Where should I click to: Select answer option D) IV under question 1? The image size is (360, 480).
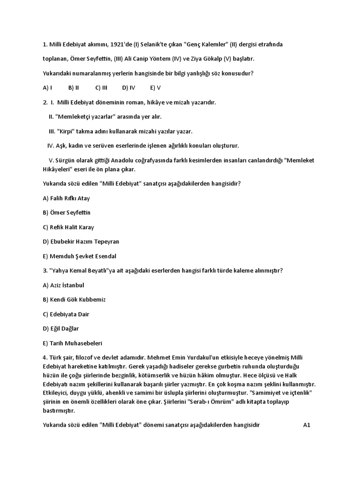pos(128,88)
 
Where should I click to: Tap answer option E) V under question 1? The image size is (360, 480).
pos(156,88)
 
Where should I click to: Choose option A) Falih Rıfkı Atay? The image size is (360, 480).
pos(66,198)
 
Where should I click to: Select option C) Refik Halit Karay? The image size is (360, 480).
pos(68,227)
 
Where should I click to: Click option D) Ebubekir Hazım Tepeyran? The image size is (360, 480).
pos(81,242)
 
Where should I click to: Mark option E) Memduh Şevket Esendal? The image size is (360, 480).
pos(79,256)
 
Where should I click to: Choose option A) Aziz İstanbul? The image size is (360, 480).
pos(63,285)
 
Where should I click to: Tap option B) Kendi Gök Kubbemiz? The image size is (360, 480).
pos(74,300)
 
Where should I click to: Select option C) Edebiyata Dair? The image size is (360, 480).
pos(66,314)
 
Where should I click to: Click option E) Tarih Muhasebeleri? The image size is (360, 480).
pos(73,343)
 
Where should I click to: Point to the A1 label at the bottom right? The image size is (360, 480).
pos(307,426)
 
